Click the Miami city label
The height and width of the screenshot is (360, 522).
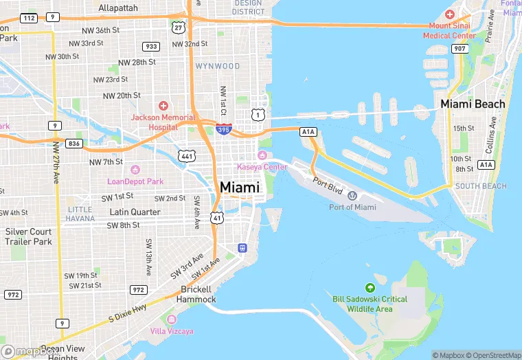240,187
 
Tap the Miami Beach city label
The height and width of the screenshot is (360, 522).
473,104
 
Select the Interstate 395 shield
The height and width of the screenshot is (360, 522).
223,128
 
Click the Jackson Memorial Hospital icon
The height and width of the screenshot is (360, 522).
163,105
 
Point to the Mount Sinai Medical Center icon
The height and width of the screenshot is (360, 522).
450,14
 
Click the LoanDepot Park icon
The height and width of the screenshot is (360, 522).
135,170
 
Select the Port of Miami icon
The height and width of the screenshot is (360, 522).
352,195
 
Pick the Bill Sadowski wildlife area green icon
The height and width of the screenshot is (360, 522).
370,287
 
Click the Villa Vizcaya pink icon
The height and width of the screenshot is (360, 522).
171,319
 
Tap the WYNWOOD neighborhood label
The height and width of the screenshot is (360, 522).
218,66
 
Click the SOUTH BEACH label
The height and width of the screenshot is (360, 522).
481,186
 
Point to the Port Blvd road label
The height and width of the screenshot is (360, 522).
328,183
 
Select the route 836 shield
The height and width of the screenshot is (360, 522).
74,144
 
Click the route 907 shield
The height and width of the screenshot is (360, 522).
459,49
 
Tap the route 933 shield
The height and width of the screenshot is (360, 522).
151,46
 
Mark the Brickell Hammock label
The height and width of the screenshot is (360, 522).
196,294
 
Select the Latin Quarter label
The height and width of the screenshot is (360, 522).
135,212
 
